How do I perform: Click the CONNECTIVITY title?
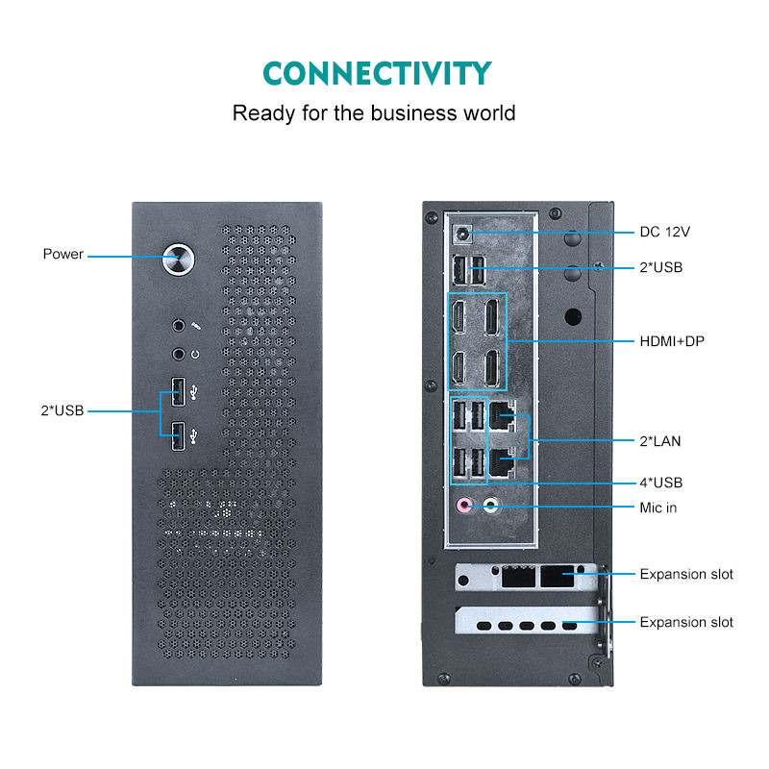coord(377,74)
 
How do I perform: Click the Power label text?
coord(63,254)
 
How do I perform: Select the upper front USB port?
coord(178,391)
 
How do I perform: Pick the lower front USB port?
coord(178,435)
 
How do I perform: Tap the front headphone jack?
coord(178,353)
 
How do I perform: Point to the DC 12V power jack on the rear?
coord(464,233)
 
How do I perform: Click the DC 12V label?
coord(665,232)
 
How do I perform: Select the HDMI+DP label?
coord(672,341)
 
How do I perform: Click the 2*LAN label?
coord(660,441)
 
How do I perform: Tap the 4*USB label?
coord(661,483)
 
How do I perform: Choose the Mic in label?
coord(658,507)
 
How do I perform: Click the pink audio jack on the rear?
coord(465,505)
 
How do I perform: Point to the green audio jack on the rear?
coord(491,505)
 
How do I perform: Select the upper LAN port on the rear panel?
coord(503,416)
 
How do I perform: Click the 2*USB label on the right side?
coord(661,267)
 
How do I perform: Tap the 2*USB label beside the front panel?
coord(62,410)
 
